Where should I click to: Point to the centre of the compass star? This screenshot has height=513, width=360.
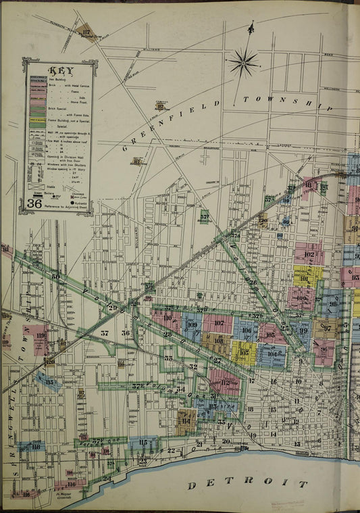point(243,64)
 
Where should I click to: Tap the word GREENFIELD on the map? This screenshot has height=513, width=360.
point(172,124)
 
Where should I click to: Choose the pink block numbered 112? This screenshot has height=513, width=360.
point(225,382)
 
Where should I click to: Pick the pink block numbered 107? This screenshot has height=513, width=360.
point(218,323)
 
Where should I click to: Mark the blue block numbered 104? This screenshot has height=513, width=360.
point(272,353)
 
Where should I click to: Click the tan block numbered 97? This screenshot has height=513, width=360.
point(326,328)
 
